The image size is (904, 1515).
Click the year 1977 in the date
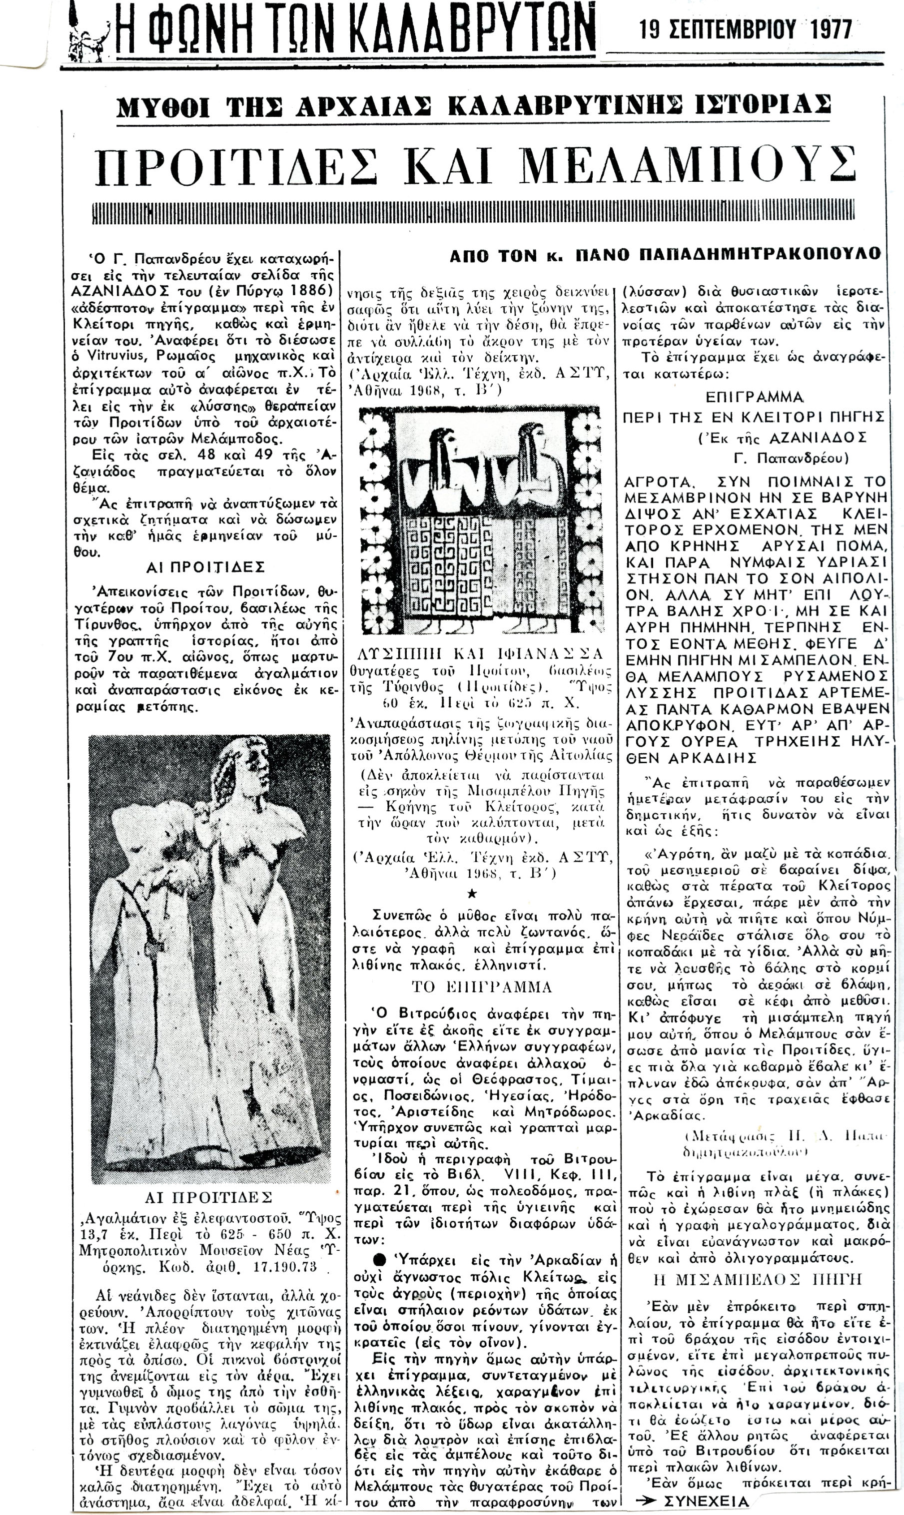(831, 30)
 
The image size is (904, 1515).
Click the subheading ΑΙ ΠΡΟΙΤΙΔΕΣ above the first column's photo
(205, 567)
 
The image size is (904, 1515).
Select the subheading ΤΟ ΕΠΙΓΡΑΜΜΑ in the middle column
(481, 987)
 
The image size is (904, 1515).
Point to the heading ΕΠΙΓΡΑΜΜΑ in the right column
(754, 398)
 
